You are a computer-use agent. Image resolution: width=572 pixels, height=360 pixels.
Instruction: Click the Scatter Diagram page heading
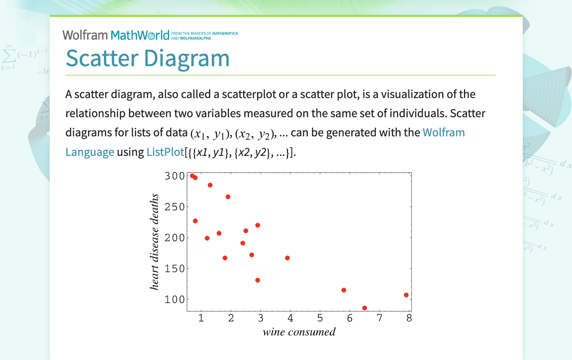[148, 58]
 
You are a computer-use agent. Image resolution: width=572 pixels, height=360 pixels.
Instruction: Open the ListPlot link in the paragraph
[165, 152]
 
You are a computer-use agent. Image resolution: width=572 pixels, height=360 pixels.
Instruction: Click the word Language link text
[90, 152]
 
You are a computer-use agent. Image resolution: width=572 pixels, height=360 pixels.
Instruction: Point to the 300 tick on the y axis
[174, 176]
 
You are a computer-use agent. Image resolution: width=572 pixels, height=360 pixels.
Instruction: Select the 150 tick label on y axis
[174, 269]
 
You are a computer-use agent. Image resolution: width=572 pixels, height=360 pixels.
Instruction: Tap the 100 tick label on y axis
[174, 299]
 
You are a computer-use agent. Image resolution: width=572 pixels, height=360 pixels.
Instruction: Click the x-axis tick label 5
[320, 318]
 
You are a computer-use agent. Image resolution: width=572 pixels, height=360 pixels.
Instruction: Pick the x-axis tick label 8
[409, 318]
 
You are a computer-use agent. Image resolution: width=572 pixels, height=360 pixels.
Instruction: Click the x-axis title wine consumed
[299, 332]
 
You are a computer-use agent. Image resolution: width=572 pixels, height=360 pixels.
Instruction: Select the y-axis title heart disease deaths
[155, 242]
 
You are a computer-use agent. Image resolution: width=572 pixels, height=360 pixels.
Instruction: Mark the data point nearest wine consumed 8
[406, 295]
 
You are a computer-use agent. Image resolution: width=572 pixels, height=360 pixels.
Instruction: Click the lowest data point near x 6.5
[365, 308]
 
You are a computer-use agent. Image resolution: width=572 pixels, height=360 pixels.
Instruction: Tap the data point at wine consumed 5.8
[344, 290]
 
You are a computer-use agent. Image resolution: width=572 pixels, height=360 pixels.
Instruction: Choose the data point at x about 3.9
[287, 258]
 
